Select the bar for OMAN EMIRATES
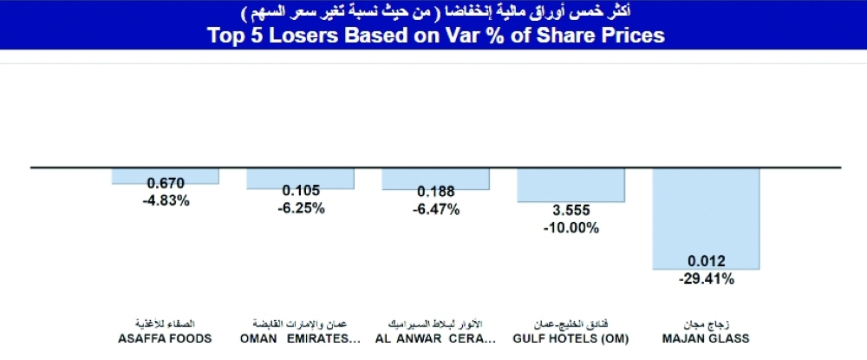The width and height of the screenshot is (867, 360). click(300, 177)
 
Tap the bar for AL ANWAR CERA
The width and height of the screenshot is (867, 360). click(435, 178)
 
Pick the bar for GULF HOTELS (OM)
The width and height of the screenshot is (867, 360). click(570, 185)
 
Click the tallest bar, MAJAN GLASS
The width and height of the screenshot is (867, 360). click(706, 217)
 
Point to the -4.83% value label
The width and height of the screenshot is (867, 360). click(165, 200)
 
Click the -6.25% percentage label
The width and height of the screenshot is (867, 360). click(300, 208)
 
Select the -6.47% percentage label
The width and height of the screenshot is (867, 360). click(435, 209)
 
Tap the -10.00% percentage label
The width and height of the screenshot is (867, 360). click(570, 228)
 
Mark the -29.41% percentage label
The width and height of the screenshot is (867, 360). click(706, 279)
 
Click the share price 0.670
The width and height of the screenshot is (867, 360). click(165, 185)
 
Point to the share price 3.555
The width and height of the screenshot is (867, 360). click(570, 213)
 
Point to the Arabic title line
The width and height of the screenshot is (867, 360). click(433, 11)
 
